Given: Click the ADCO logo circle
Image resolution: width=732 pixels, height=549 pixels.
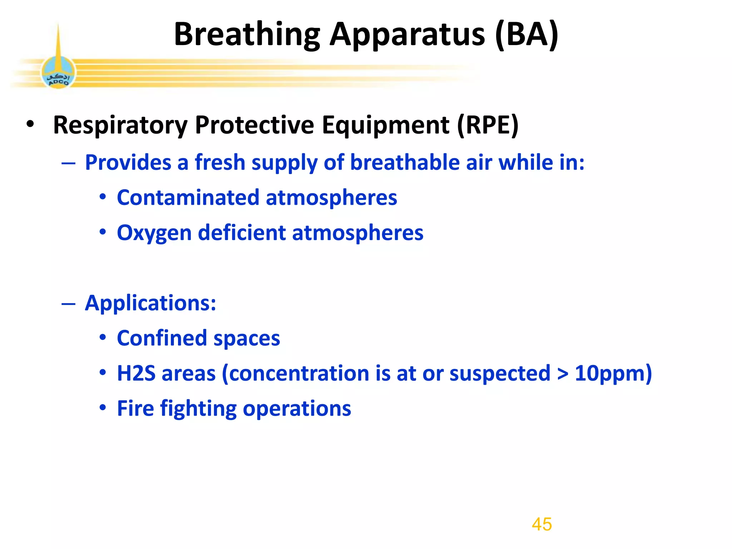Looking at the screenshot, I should (x=58, y=73).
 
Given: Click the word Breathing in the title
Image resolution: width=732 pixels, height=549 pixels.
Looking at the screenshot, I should (x=247, y=35).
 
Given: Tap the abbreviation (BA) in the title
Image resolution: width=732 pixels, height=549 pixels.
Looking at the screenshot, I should (x=526, y=35).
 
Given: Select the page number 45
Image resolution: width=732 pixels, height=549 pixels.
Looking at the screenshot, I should (x=541, y=524).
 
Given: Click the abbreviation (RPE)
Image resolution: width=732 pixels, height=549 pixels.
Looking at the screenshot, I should (x=488, y=125).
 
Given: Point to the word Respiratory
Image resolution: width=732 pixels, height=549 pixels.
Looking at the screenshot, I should (x=120, y=125).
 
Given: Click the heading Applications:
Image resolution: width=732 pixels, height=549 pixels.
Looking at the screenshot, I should (x=150, y=303).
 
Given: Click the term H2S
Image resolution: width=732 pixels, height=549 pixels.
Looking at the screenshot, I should (x=136, y=374).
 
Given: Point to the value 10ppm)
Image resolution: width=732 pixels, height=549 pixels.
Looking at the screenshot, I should (x=613, y=374).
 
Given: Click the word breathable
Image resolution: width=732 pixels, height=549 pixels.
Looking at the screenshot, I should (x=405, y=163).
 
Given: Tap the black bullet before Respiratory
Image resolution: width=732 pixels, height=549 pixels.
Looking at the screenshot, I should (x=30, y=124).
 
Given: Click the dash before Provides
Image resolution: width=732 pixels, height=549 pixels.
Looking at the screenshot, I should (x=68, y=163).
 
